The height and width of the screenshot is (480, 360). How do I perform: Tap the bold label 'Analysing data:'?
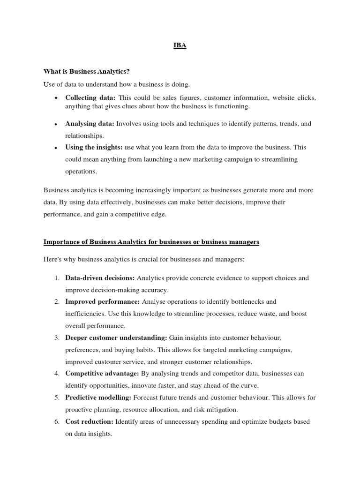click(90, 124)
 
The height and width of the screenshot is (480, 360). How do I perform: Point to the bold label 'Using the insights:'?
click(94, 147)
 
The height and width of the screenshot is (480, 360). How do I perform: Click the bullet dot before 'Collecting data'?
click(56, 98)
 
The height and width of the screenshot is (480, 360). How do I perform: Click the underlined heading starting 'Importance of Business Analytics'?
click(151, 242)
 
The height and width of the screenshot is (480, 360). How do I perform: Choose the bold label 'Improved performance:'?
click(102, 301)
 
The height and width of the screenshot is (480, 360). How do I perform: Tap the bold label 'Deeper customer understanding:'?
click(116, 337)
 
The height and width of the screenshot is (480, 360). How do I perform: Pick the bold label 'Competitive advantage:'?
click(102, 374)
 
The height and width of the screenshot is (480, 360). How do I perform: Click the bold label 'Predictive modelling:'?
click(98, 397)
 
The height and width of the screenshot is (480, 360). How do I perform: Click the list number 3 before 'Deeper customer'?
click(56, 337)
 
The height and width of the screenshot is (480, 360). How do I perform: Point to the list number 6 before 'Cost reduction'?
click(56, 421)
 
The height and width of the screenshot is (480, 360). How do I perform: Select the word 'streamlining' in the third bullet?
click(279, 159)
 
